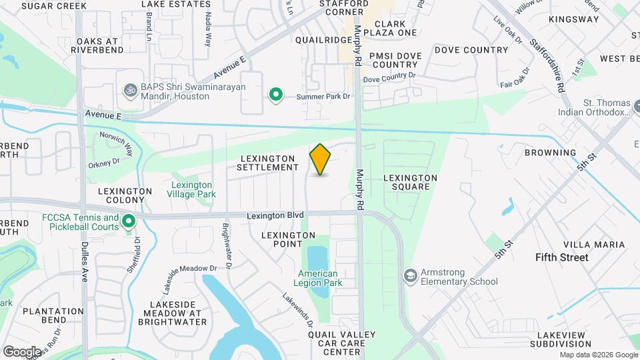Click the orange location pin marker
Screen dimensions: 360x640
coord(321,159)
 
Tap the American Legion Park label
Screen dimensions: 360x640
coord(318,278)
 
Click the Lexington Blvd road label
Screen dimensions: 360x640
coord(275,215)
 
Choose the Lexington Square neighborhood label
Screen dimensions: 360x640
coord(411,183)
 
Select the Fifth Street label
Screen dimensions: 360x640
coord(563,257)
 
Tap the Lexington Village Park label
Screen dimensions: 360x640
coord(192,189)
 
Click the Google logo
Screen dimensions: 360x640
coord(22,351)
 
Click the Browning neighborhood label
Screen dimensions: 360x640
coord(550,153)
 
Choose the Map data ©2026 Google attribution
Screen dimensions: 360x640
coord(597,355)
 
